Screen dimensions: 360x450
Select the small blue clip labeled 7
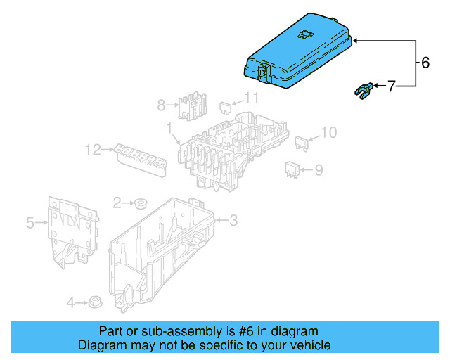[x=361, y=90]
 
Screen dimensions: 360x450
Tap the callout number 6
[x=425, y=62]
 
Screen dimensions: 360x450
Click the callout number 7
[x=391, y=86]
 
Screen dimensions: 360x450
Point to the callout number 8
[x=161, y=105]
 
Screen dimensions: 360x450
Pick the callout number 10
[x=329, y=131]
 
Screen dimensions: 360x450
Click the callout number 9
[x=319, y=169]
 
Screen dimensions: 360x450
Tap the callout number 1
[x=169, y=127]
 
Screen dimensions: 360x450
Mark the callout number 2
[x=117, y=202]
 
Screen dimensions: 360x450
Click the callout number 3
[x=233, y=221]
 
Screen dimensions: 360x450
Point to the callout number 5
[x=30, y=224]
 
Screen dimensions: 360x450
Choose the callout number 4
[x=70, y=303]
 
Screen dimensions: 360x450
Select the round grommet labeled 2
[x=140, y=204]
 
